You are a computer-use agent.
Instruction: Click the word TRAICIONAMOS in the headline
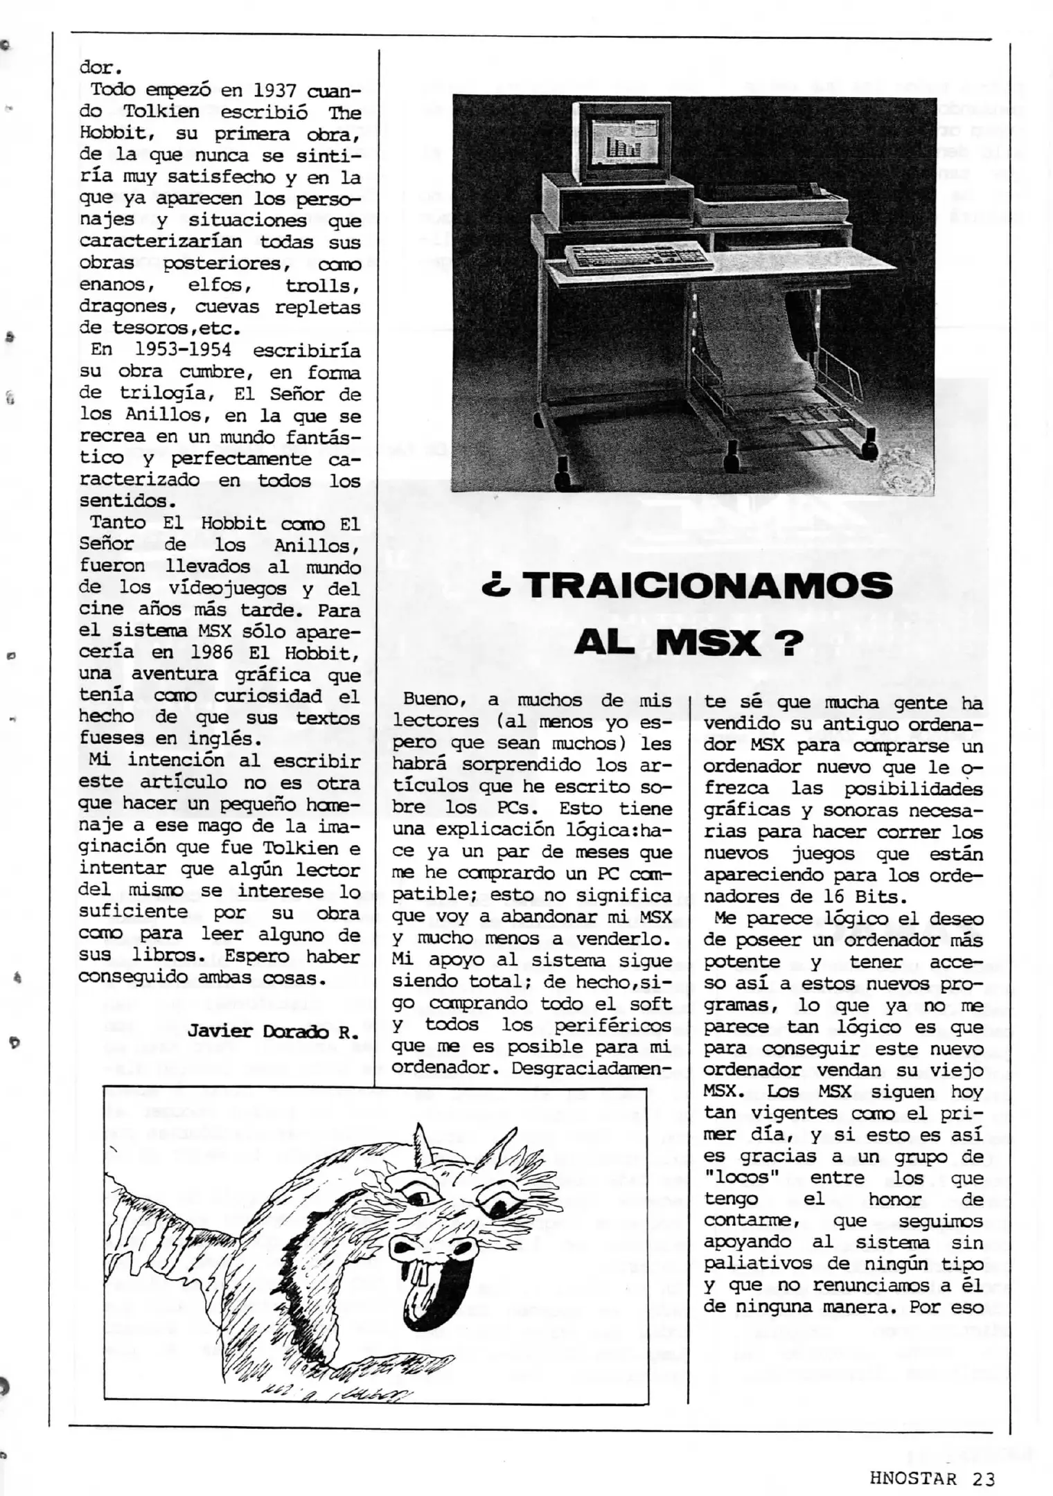point(708,587)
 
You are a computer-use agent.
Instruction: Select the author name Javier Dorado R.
point(273,1031)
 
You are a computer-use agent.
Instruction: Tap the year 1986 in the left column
point(217,652)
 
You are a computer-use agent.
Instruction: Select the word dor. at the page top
point(100,69)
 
